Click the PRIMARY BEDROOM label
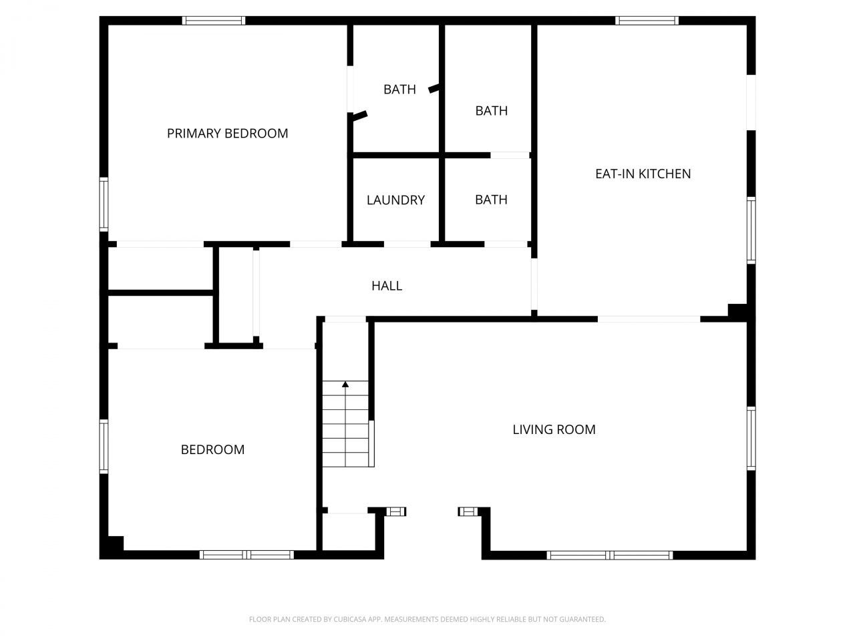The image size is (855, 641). pos(228,134)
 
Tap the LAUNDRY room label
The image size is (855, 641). pos(395,200)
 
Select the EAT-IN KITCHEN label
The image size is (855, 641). pos(643,174)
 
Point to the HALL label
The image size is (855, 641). pos(386,286)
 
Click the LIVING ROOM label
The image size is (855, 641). pos(554,429)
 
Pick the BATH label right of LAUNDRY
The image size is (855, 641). pos(491,200)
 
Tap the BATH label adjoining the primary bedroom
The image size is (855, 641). pos(399,89)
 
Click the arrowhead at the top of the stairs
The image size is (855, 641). pos(345,385)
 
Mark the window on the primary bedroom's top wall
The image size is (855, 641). pos(214,21)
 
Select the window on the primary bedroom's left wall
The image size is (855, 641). pos(104,204)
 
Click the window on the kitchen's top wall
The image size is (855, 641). pos(647,21)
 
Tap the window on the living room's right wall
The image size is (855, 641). pos(751,439)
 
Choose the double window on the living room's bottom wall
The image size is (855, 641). pos(610,555)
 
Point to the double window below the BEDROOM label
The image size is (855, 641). pos(246,555)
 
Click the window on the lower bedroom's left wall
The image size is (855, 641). pos(104,447)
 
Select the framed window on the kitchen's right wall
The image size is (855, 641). pos(751,230)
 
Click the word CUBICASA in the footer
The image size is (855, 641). pos(348,619)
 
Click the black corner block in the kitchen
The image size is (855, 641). pos(737,311)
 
